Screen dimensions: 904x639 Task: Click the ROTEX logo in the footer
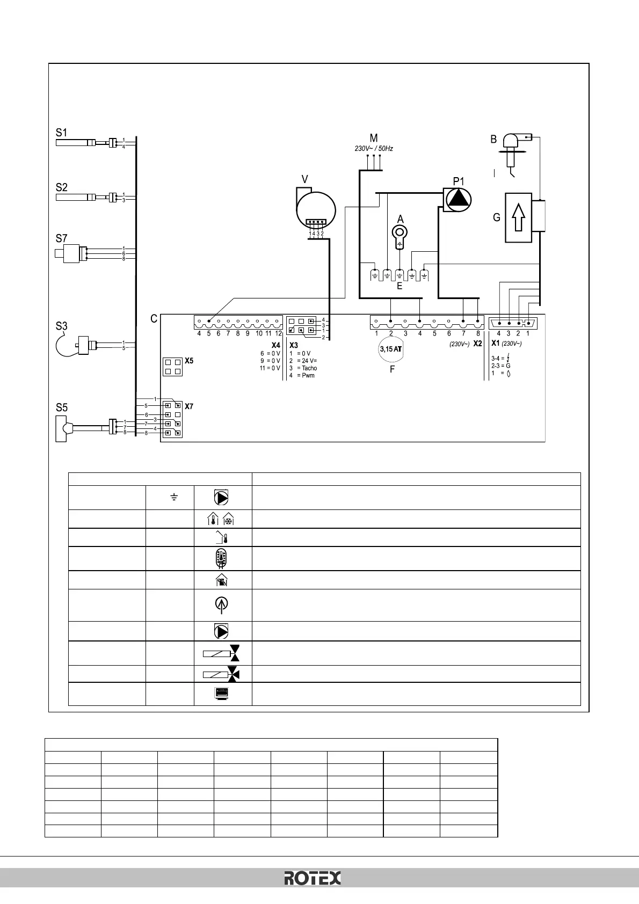[x=313, y=878]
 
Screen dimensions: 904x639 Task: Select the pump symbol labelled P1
[x=458, y=199]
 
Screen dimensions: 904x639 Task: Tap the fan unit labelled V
[x=316, y=210]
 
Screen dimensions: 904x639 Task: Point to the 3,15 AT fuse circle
[x=391, y=349]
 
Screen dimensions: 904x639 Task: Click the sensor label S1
[x=62, y=132]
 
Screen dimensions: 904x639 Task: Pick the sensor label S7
[x=62, y=238]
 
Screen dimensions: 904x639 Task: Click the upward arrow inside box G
[x=518, y=217]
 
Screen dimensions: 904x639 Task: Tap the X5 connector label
[x=189, y=361]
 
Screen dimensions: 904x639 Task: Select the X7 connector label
[x=189, y=406]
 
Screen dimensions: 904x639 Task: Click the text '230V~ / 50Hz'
[x=374, y=148]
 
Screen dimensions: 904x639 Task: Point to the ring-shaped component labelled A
[x=400, y=234]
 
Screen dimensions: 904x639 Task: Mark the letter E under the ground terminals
[x=400, y=286]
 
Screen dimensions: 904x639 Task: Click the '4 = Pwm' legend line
[x=302, y=375]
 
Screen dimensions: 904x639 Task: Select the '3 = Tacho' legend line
[x=303, y=368]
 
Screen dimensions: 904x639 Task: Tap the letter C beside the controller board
[x=154, y=319]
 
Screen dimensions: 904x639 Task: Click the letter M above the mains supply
[x=374, y=138]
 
